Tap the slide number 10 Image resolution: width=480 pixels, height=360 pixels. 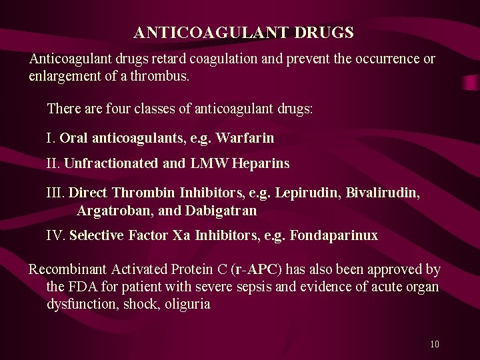435,345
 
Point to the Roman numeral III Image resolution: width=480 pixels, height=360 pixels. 55,193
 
